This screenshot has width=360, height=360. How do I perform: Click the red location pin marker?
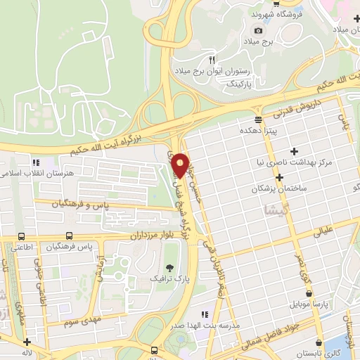click(181, 165)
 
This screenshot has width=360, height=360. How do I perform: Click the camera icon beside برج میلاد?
click(258, 30)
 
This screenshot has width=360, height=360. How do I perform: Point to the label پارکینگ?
click(245, 82)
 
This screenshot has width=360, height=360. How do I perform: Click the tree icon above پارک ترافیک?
click(169, 267)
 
